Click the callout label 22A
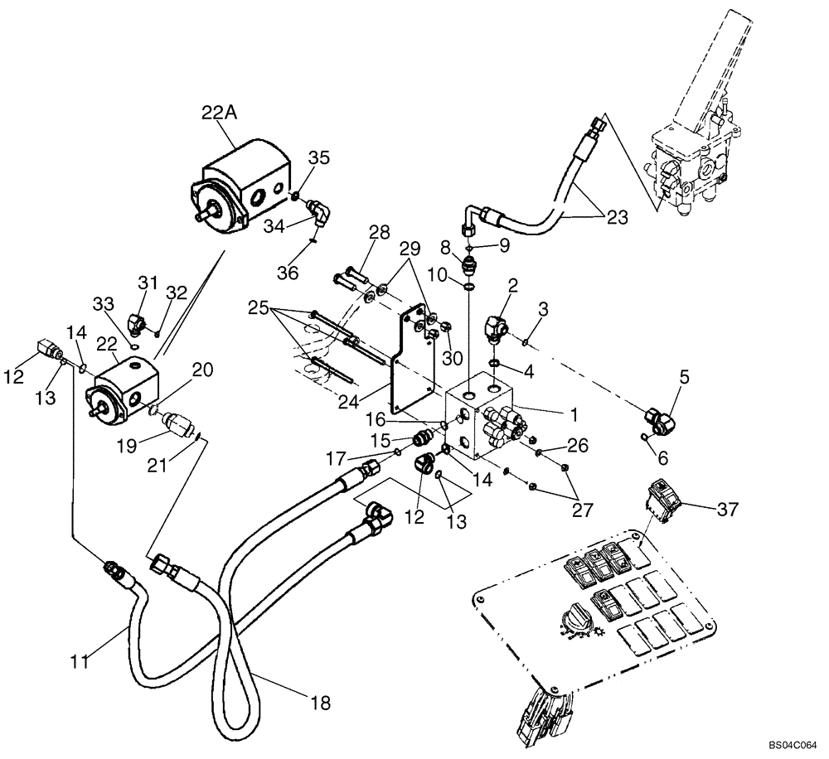tap(220, 114)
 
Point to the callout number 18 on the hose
tap(319, 703)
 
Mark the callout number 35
tap(319, 157)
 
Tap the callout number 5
tap(684, 376)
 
